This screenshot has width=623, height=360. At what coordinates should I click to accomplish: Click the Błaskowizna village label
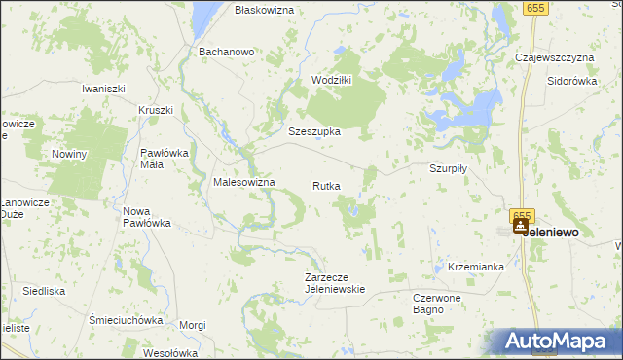(x=264, y=9)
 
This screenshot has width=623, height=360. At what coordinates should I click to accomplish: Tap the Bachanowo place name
(x=226, y=52)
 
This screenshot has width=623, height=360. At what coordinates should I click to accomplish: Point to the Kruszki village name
(x=156, y=110)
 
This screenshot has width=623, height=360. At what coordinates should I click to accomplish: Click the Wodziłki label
(x=331, y=80)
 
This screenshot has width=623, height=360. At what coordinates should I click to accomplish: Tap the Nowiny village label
(x=70, y=154)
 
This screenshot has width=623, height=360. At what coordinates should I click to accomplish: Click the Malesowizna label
(x=244, y=182)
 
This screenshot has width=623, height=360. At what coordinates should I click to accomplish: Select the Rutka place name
(x=326, y=185)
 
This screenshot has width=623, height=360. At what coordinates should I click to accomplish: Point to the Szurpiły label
(x=449, y=167)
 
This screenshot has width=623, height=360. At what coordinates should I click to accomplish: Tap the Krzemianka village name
(x=476, y=266)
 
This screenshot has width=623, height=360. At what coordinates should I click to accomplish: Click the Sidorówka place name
(x=571, y=81)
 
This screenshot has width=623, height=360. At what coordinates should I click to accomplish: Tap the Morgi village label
(x=193, y=325)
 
